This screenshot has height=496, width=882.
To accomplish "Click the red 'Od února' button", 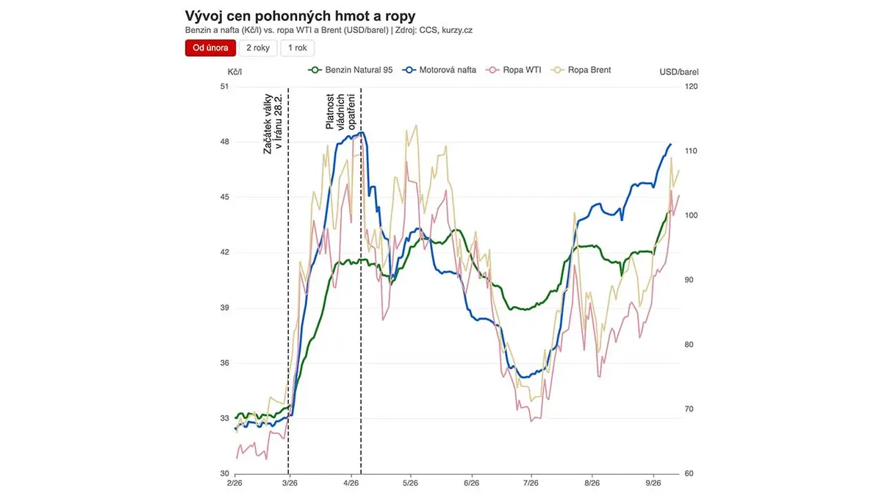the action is click(210, 48).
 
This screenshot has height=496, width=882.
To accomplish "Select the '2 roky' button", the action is click(258, 48).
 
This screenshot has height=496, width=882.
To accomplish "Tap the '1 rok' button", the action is click(297, 48).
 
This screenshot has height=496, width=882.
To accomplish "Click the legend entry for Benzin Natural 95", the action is click(351, 70).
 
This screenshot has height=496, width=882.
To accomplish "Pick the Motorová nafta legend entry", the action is click(439, 70).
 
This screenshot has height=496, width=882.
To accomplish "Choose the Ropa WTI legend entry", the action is click(514, 70).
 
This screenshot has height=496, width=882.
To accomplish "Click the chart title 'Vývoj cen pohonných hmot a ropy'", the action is click(300, 16).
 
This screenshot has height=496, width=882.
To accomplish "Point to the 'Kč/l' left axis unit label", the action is click(234, 72).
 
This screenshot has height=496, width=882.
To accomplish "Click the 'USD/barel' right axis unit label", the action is click(679, 72).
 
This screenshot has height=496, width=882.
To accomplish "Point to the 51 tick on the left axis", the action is click(224, 87).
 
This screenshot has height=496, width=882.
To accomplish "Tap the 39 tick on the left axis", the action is click(224, 308).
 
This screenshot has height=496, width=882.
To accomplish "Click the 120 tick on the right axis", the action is click(692, 87).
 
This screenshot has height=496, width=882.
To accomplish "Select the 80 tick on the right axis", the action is click(689, 345).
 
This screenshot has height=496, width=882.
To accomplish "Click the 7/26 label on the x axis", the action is click(531, 483).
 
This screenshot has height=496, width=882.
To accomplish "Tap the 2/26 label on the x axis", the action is click(234, 483).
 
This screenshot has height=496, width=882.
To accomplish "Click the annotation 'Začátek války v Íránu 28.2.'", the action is click(273, 123).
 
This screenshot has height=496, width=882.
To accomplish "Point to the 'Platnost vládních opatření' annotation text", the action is click(340, 112).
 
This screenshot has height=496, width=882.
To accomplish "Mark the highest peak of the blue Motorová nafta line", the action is click(362, 132).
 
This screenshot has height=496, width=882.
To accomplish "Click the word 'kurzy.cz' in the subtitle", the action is click(457, 30).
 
